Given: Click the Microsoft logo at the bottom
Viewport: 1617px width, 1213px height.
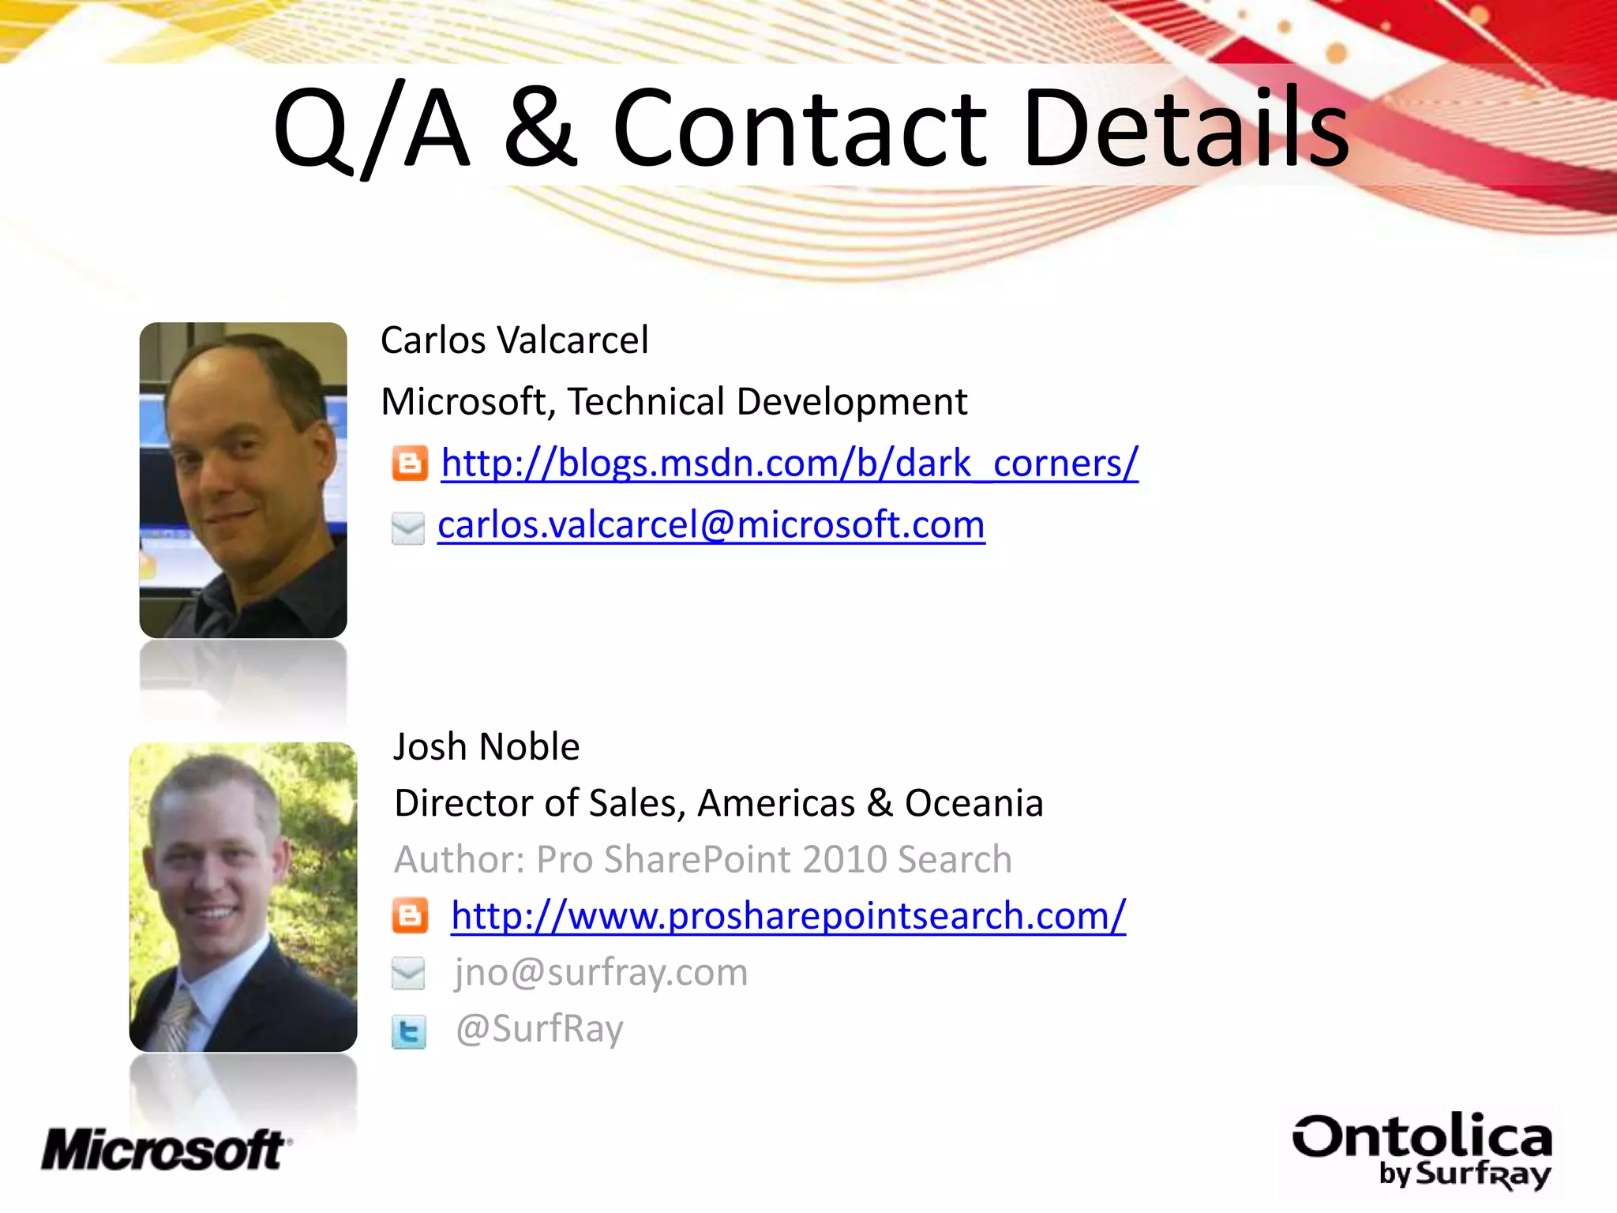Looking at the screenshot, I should pyautogui.click(x=166, y=1150).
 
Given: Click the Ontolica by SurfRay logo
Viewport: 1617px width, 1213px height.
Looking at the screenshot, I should pyautogui.click(x=1421, y=1150).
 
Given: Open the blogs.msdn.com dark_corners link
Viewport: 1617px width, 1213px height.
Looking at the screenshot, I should pyautogui.click(x=790, y=464).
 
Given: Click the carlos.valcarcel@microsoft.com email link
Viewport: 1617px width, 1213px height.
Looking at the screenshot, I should pyautogui.click(x=711, y=525).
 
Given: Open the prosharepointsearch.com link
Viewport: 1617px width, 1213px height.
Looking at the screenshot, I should pyautogui.click(x=788, y=916).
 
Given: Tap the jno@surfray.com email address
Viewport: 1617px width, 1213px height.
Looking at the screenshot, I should pyautogui.click(x=601, y=972).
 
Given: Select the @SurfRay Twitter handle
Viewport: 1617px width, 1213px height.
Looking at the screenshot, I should pyautogui.click(x=539, y=1029).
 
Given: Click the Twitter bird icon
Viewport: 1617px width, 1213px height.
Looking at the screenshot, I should pyautogui.click(x=409, y=1031).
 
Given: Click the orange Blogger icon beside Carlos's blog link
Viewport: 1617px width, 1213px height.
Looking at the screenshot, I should pyautogui.click(x=410, y=464).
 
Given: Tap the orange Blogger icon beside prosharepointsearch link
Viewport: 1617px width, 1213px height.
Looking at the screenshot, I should pyautogui.click(x=410, y=916).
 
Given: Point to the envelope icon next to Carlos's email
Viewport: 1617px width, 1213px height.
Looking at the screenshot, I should pyautogui.click(x=408, y=528).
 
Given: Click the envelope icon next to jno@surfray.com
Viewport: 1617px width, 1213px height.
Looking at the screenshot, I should pyautogui.click(x=408, y=973).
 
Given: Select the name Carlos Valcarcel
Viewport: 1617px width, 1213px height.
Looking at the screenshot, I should pyautogui.click(x=515, y=340).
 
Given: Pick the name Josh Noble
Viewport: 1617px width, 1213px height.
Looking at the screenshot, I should pyautogui.click(x=486, y=747).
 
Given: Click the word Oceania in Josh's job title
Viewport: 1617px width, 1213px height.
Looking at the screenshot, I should pyautogui.click(x=974, y=803).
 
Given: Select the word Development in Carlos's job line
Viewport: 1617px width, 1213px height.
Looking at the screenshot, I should pyautogui.click(x=851, y=402).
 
